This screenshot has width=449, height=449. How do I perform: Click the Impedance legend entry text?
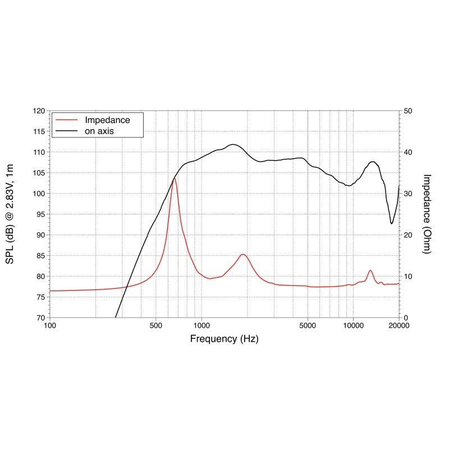pyautogui.click(x=107, y=120)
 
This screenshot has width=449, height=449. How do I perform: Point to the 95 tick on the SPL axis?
pyautogui.click(x=39, y=214)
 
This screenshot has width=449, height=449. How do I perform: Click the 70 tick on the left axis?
pyautogui.click(x=39, y=318)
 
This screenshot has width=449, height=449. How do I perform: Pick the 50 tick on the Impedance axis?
pyautogui.click(x=409, y=111)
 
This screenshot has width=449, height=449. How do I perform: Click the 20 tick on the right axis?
pyautogui.click(x=409, y=235)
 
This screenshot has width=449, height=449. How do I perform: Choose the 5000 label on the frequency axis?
pyautogui.click(x=308, y=326)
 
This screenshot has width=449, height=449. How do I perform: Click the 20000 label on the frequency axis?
pyautogui.click(x=398, y=326)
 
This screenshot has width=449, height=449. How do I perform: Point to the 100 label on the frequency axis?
pyautogui.click(x=50, y=326)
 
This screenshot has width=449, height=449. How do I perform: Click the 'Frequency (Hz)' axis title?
pyautogui.click(x=224, y=339)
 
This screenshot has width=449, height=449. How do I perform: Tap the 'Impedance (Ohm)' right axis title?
pyautogui.click(x=427, y=214)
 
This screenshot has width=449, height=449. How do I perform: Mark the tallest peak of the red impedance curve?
pyautogui.click(x=174, y=178)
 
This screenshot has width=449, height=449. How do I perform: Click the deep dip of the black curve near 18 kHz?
pyautogui.click(x=392, y=223)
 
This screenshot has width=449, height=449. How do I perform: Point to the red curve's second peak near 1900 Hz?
pyautogui.click(x=243, y=254)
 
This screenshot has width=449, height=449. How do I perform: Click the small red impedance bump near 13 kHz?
pyautogui.click(x=370, y=271)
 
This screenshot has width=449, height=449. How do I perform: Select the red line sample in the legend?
pyautogui.click(x=66, y=120)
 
